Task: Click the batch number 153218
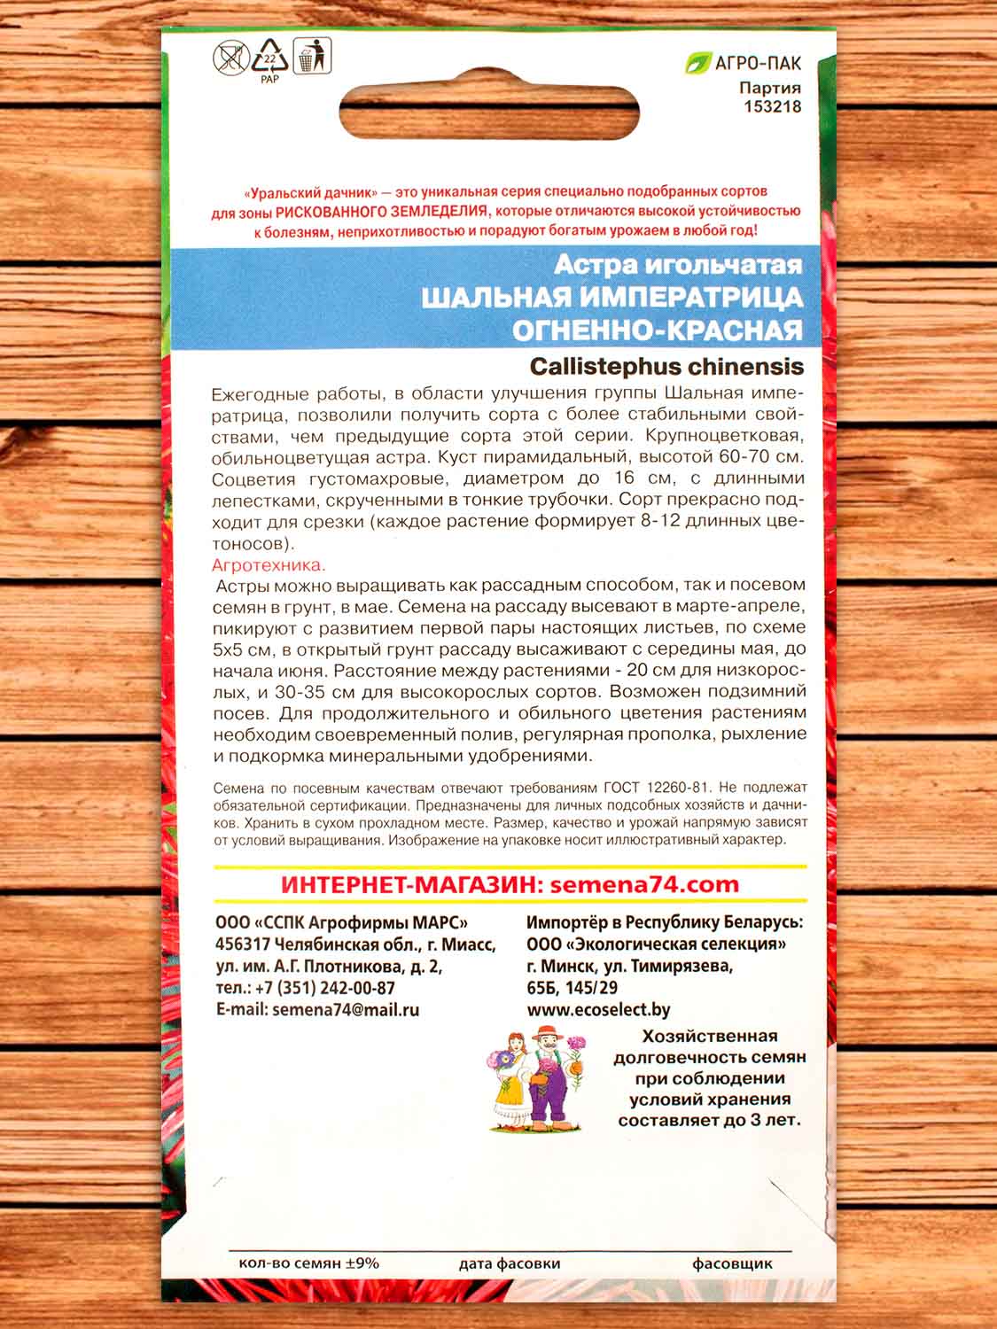(x=769, y=106)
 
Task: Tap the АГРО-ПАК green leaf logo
(x=699, y=64)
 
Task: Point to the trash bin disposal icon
(x=310, y=57)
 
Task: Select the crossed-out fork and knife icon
(x=230, y=58)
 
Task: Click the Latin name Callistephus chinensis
(x=666, y=366)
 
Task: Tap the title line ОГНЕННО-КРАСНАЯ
(x=657, y=330)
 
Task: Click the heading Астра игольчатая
(x=678, y=264)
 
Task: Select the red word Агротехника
(x=269, y=564)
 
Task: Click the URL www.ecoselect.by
(x=598, y=1009)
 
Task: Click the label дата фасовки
(x=510, y=1264)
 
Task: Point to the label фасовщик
(x=732, y=1264)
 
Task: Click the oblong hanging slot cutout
(x=498, y=114)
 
